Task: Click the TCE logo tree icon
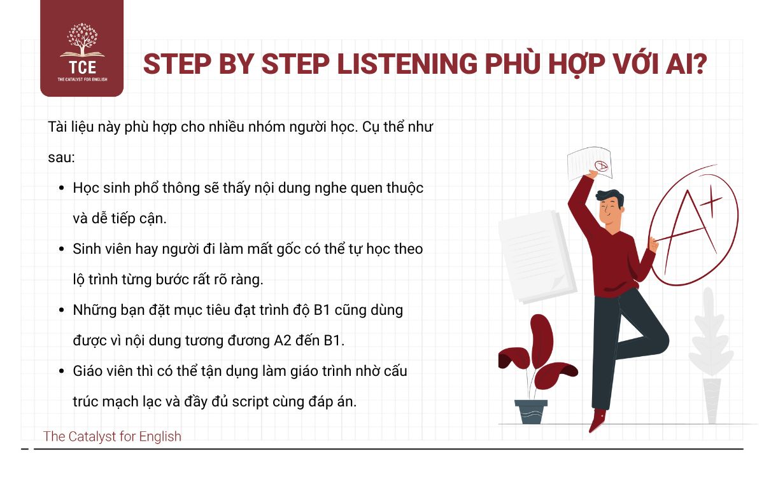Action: pos(81,42)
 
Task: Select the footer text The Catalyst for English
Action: pos(112,436)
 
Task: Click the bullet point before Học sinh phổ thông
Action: pos(61,189)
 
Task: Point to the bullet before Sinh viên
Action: pos(61,249)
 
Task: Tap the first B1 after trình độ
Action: pos(325,310)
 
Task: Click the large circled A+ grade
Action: pos(693,226)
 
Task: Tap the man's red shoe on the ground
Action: pos(598,420)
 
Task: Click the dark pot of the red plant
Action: pos(530,411)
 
